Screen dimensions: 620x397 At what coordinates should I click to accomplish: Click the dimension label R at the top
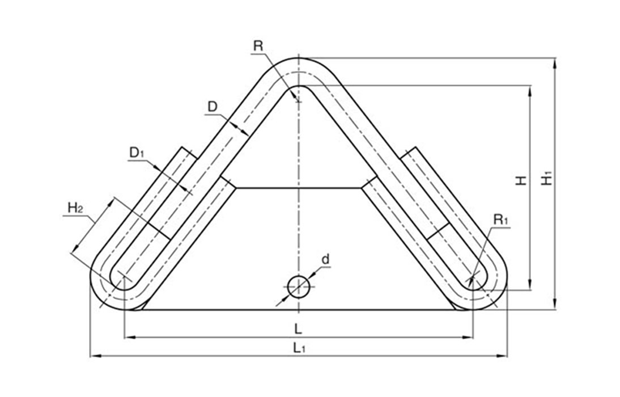click(258, 45)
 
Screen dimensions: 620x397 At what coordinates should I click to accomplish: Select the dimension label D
click(213, 107)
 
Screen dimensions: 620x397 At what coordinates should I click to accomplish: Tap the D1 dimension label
click(137, 153)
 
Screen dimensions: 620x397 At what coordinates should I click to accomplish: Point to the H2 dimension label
click(75, 208)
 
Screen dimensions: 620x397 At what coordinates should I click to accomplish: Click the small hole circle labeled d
click(299, 286)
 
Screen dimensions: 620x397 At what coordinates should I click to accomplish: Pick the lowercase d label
click(325, 259)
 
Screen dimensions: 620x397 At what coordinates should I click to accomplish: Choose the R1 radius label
click(500, 219)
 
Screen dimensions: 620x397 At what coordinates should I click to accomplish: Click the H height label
click(522, 180)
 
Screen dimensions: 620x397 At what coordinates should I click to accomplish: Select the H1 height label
click(547, 179)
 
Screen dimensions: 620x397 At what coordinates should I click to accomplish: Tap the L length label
click(298, 328)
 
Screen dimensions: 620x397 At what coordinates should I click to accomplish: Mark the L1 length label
click(299, 348)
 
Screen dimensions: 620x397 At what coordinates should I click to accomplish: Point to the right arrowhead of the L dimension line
click(469, 337)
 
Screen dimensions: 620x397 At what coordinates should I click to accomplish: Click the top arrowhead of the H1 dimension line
click(555, 63)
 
